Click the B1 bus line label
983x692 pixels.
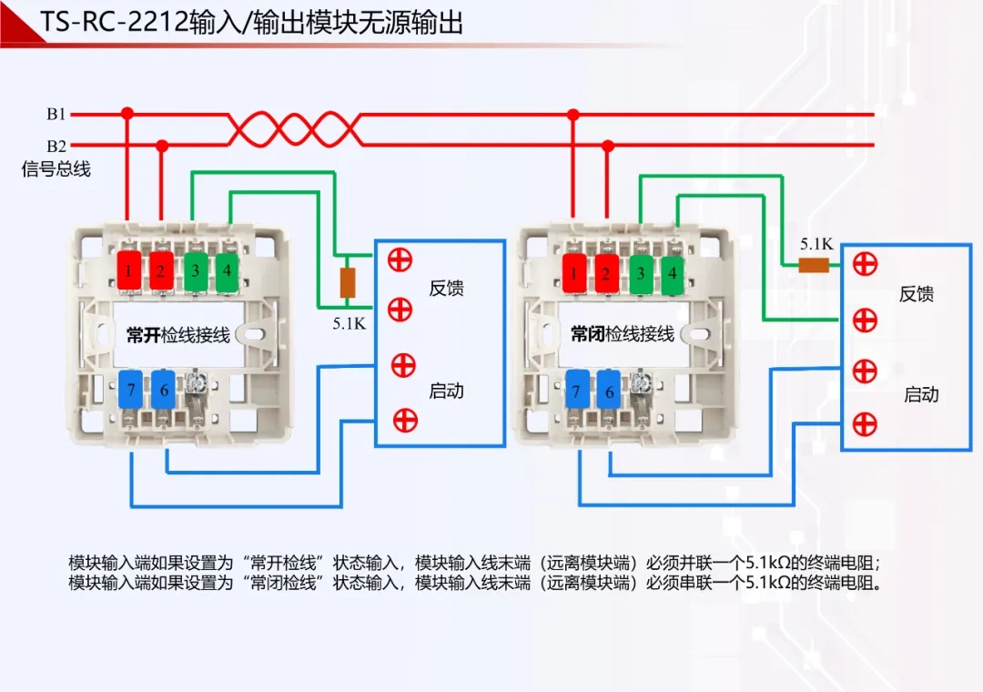pyautogui.click(x=56, y=115)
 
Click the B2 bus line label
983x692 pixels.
pyautogui.click(x=56, y=146)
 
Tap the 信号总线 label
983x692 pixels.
pyautogui.click(x=56, y=169)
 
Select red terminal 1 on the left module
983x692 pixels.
pyautogui.click(x=130, y=270)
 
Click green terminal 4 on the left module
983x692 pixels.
pyautogui.click(x=227, y=270)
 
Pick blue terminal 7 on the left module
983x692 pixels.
pyautogui.click(x=131, y=390)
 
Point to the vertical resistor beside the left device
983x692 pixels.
pyautogui.click(x=347, y=283)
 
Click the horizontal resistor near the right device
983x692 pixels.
pyautogui.click(x=813, y=265)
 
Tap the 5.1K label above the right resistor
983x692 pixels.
pyautogui.click(x=816, y=244)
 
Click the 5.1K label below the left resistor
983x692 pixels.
pyautogui.click(x=349, y=321)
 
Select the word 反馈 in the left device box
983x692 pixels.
pyautogui.click(x=447, y=289)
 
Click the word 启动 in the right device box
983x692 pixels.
pyautogui.click(x=921, y=394)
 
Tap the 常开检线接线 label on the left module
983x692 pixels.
pyautogui.click(x=178, y=335)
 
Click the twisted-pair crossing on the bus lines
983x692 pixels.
pyautogui.click(x=294, y=129)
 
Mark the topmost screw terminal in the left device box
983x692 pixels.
pyautogui.click(x=399, y=259)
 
